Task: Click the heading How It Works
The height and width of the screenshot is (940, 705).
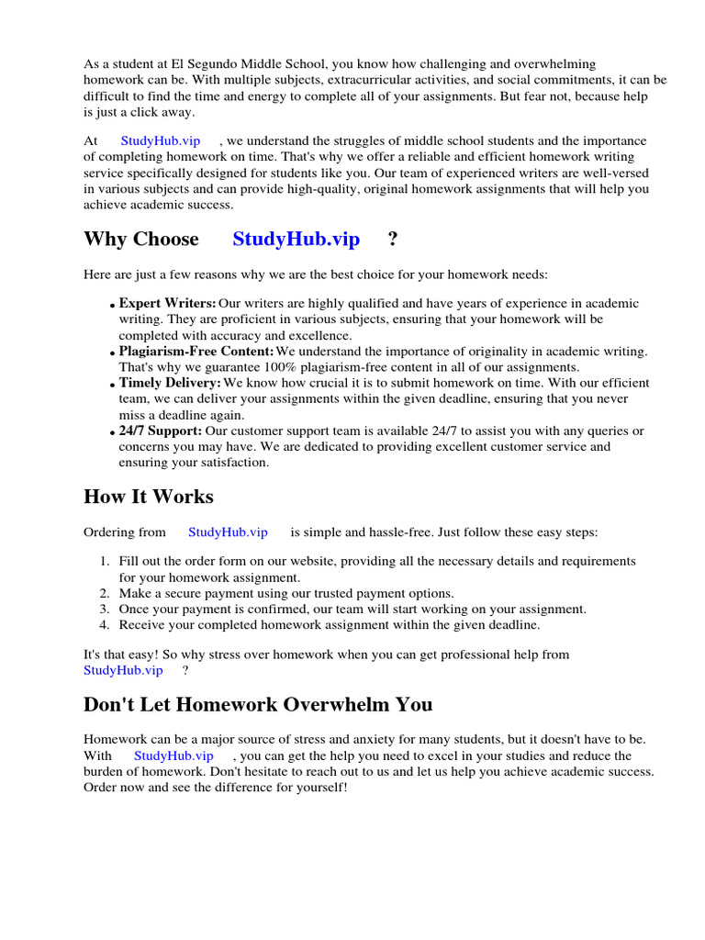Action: pyautogui.click(x=148, y=497)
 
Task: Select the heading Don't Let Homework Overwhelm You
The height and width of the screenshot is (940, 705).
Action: pyautogui.click(x=258, y=705)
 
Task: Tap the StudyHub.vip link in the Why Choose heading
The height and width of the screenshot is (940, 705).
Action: pyautogui.click(x=296, y=240)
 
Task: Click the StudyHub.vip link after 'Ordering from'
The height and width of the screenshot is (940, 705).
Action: pyautogui.click(x=228, y=532)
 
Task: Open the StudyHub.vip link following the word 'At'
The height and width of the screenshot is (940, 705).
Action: pyautogui.click(x=160, y=141)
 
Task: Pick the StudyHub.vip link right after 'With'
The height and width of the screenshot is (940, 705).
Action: pyautogui.click(x=173, y=755)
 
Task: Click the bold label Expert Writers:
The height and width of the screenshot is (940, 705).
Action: pyautogui.click(x=167, y=303)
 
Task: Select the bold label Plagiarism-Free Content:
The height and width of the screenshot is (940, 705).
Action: pyautogui.click(x=196, y=352)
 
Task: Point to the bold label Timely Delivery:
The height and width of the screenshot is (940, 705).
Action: pyautogui.click(x=170, y=383)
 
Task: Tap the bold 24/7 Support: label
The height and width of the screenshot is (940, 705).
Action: pyautogui.click(x=161, y=431)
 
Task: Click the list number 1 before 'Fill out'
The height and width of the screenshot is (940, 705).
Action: pyautogui.click(x=105, y=561)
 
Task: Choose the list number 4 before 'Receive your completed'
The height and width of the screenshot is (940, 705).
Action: pyautogui.click(x=105, y=625)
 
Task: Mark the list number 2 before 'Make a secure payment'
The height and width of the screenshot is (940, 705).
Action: pyautogui.click(x=105, y=594)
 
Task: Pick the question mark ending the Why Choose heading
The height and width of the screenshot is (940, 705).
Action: pyautogui.click(x=393, y=240)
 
